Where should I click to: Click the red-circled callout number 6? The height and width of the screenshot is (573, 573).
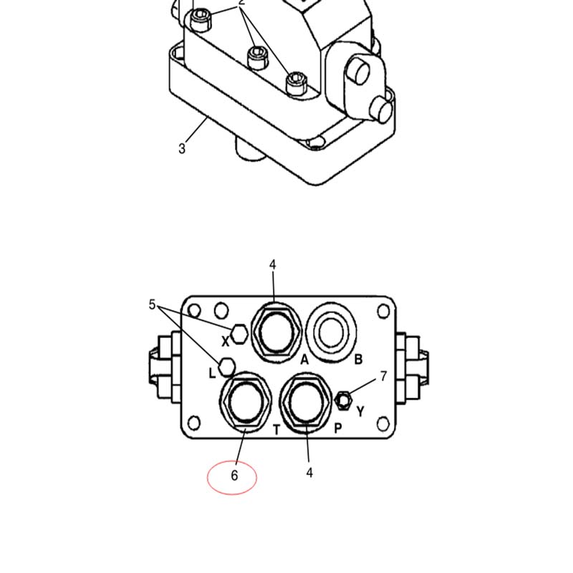[x=234, y=475]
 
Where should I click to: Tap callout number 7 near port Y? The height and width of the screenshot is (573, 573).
[x=383, y=376]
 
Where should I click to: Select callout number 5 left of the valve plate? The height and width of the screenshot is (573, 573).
[x=152, y=304]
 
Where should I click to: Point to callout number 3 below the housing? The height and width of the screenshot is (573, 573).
[x=182, y=148]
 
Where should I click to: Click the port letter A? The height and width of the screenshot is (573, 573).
[x=304, y=360]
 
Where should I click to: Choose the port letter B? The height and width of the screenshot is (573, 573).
[x=358, y=360]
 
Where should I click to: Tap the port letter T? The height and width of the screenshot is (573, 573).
[x=276, y=430]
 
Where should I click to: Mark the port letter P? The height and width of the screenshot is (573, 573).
[x=338, y=428]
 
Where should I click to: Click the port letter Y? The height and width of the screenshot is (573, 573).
[x=361, y=411]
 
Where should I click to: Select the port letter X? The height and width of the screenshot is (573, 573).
[x=226, y=342]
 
